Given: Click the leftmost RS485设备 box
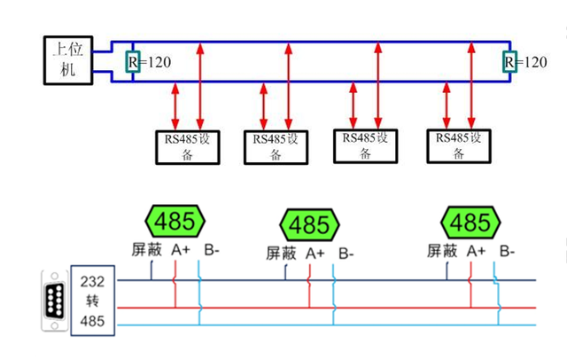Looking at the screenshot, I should point(186,147).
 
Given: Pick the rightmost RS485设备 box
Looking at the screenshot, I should point(458,146).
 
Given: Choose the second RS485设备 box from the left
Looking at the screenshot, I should point(276,147).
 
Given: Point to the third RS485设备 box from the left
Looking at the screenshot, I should point(364,145).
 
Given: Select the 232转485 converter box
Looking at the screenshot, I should point(92,301).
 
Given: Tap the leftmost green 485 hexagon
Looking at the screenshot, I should point(175,220).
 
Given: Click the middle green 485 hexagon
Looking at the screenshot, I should point(309,223).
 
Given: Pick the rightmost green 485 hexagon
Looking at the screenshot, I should point(470,222).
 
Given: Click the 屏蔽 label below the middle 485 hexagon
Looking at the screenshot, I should point(281,254).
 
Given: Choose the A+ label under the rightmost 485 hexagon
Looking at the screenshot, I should point(476,251).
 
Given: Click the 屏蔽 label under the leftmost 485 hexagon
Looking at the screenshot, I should point(147,251).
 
